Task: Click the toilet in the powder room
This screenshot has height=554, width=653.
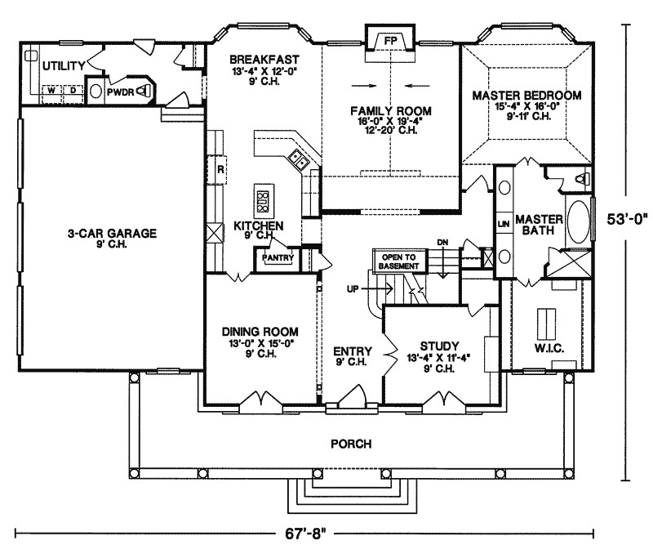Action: coord(144,91)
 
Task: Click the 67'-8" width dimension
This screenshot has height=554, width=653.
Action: coord(307,534)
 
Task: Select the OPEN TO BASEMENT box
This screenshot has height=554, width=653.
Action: coord(397,261)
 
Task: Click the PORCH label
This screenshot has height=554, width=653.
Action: coord(352,445)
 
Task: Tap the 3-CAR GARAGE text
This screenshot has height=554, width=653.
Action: coord(112,233)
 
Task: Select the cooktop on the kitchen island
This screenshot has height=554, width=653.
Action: coord(264,197)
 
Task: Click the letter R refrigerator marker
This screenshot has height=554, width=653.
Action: coord(220,170)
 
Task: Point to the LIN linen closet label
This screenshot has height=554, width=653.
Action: coord(503,223)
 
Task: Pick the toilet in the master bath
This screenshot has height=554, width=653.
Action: coord(581,176)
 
